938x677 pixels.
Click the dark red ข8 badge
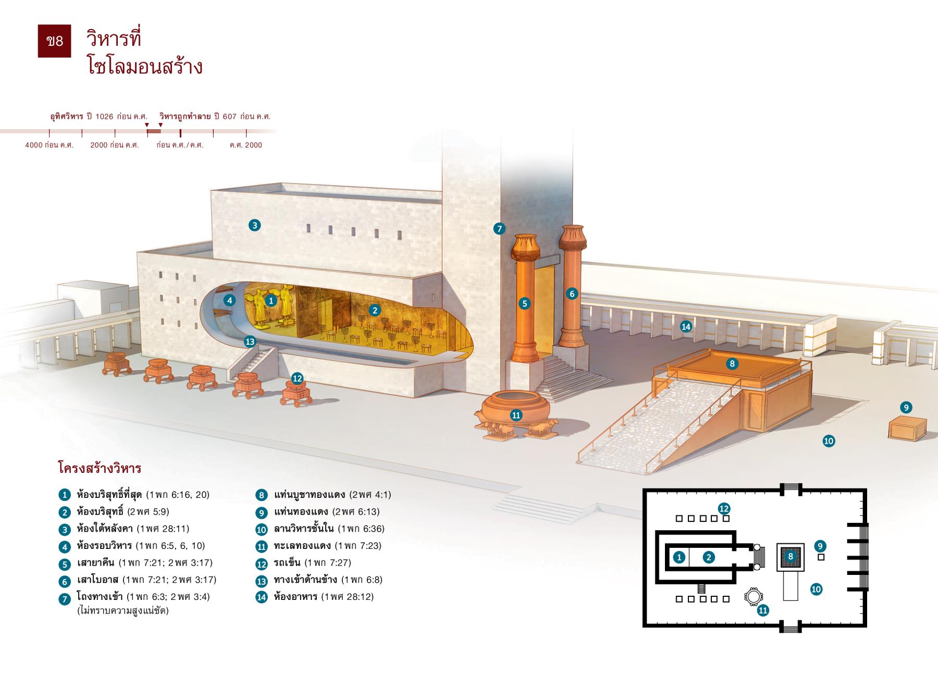(x=54, y=41)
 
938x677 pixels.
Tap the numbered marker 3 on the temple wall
(x=254, y=225)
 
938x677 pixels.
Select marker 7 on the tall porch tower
(x=499, y=228)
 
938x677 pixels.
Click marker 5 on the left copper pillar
(x=525, y=304)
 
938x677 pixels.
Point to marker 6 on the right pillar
(x=572, y=294)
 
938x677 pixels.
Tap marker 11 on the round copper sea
(x=516, y=415)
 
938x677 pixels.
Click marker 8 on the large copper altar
(x=732, y=363)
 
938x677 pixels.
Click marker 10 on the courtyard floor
(x=829, y=441)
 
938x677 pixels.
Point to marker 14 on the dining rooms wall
(x=686, y=327)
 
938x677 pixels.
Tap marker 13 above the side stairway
(x=250, y=342)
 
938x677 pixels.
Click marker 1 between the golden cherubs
(x=270, y=300)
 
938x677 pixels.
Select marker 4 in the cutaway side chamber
(x=229, y=300)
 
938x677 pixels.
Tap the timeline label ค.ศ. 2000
(x=246, y=145)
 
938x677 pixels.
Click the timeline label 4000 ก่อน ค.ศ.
(x=50, y=145)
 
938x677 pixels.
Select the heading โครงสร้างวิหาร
(x=100, y=468)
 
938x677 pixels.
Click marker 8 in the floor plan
(x=791, y=556)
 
